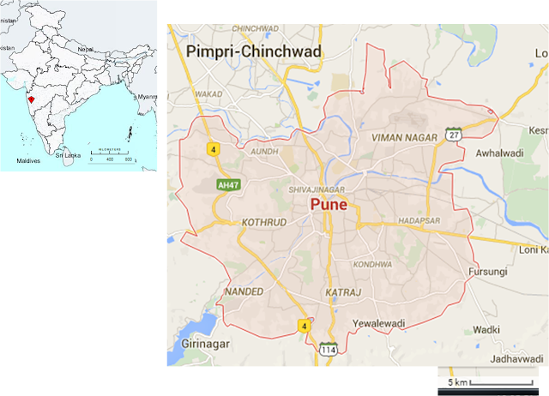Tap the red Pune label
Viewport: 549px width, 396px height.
pyautogui.click(x=329, y=207)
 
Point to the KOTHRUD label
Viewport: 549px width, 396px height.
pyautogui.click(x=263, y=221)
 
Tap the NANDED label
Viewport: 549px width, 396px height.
pyautogui.click(x=244, y=292)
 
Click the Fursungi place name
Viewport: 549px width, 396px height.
pyautogui.click(x=486, y=272)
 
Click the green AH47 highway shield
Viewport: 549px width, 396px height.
pyautogui.click(x=226, y=184)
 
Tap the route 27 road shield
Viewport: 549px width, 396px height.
pyautogui.click(x=453, y=135)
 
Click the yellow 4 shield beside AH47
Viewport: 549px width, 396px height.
pyautogui.click(x=210, y=150)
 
